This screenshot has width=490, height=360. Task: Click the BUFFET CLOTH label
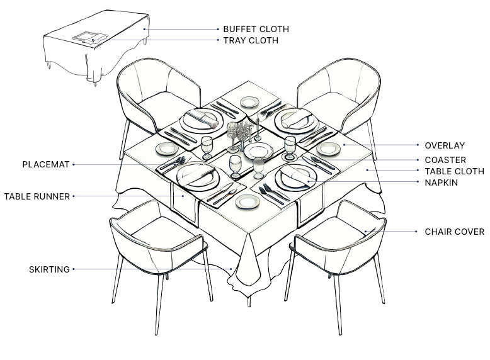pyautogui.click(x=256, y=29)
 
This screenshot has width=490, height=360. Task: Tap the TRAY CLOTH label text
pyautogui.click(x=251, y=40)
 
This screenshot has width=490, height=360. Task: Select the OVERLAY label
pyautogui.click(x=445, y=145)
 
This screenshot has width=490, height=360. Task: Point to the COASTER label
pyautogui.click(x=445, y=160)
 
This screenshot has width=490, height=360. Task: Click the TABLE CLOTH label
pyautogui.click(x=454, y=171)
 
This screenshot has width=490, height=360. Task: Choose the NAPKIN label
pyautogui.click(x=441, y=183)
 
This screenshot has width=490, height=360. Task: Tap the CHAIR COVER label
pyautogui.click(x=454, y=232)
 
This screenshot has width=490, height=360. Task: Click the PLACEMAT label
pyautogui.click(x=45, y=164)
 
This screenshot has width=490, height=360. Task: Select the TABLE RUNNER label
pyautogui.click(x=37, y=196)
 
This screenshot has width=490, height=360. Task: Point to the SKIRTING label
pyautogui.click(x=49, y=269)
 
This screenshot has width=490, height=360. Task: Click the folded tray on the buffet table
pyautogui.click(x=90, y=38)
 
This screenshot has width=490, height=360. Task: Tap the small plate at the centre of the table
pyautogui.click(x=258, y=152)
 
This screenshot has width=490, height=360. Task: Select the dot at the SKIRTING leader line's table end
pyautogui.click(x=231, y=269)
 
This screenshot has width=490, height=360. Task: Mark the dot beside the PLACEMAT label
pyautogui.click(x=74, y=164)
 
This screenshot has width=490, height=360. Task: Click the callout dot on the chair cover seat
pyautogui.click(x=365, y=232)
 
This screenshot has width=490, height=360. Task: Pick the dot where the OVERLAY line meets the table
pyautogui.click(x=344, y=145)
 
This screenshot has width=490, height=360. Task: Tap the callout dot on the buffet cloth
pyautogui.click(x=144, y=30)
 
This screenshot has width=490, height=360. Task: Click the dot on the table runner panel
pyautogui.click(x=183, y=196)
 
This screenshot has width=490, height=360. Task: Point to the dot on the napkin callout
pyautogui.click(x=309, y=181)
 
